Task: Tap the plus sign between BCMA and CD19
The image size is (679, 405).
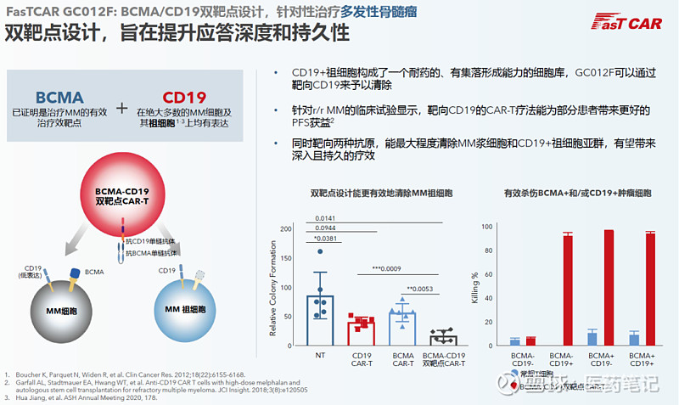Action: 122,108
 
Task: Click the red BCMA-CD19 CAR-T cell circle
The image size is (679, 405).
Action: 124,195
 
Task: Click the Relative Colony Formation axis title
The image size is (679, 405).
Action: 273,284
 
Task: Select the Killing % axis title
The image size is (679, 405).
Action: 474,287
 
